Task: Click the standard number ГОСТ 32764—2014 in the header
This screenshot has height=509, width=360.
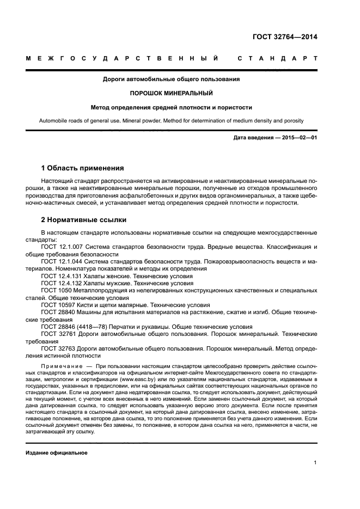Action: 285,38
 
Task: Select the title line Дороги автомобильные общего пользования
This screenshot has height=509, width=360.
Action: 172,79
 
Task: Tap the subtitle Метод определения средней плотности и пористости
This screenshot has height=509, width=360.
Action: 172,107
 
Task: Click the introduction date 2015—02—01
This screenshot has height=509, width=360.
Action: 298,138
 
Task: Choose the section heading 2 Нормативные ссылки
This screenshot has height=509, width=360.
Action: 84,220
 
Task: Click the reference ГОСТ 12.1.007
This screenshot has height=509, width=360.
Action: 60,247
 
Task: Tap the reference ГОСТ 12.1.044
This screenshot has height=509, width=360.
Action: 60,261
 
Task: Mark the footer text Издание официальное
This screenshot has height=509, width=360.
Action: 57,453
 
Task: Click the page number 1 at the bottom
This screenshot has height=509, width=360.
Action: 315,463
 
